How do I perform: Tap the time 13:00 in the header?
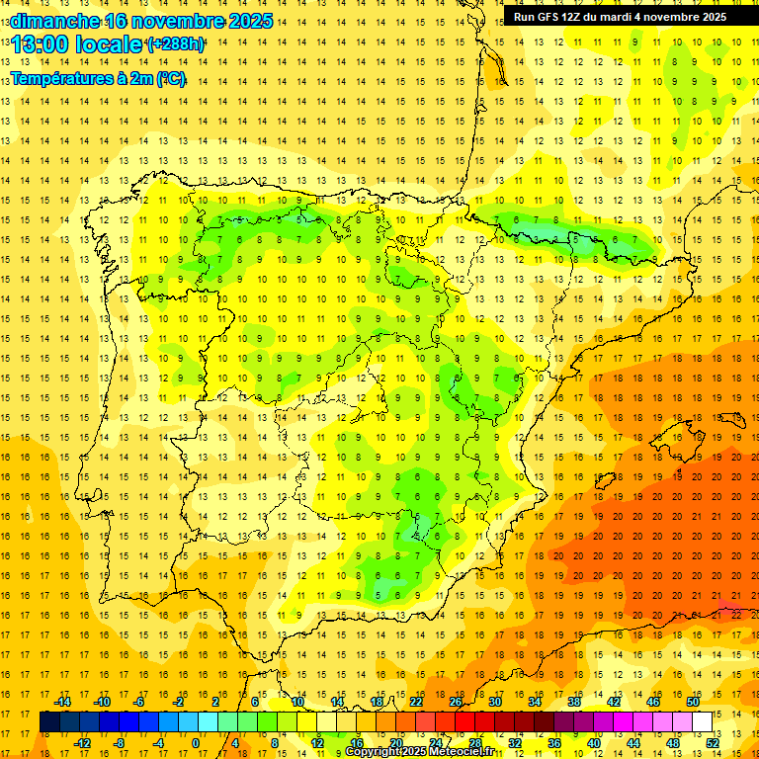41,44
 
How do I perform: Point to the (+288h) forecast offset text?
176,44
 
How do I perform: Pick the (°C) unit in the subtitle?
170,79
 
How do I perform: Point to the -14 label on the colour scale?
64,702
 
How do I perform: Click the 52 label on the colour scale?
713,743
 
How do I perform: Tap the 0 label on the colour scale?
195,743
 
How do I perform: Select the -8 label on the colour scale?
120,743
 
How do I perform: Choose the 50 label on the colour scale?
693,702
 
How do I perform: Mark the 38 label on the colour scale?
574,702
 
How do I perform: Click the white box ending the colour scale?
703,722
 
